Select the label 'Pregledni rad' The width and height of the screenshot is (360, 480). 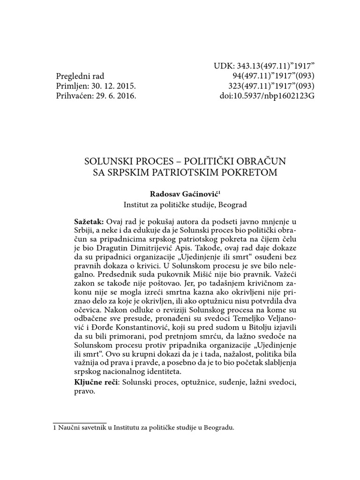[80, 76]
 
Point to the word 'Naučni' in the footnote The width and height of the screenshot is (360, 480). [68, 427]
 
